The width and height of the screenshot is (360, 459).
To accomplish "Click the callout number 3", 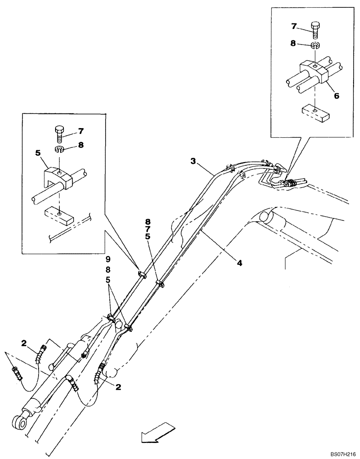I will click(194, 161).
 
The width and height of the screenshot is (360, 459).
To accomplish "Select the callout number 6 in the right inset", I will click(336, 96).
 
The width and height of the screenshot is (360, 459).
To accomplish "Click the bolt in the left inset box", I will click(61, 134).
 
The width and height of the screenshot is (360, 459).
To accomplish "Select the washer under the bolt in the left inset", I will click(60, 150).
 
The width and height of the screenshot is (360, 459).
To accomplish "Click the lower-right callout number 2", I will click(118, 387).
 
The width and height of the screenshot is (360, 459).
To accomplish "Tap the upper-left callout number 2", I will click(24, 342).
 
